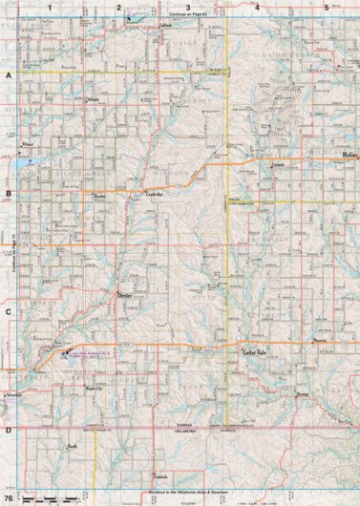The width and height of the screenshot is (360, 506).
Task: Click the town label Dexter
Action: click(x=125, y=297)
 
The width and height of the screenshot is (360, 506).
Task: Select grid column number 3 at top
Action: click(x=187, y=7)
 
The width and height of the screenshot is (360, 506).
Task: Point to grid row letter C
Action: click(x=8, y=312)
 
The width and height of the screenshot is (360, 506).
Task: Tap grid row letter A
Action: click(x=8, y=74)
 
